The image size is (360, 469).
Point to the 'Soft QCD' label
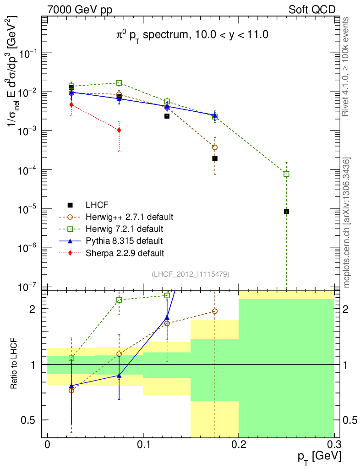[312, 10]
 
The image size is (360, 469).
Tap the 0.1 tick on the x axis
[143, 445]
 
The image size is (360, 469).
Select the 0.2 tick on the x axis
[239, 445]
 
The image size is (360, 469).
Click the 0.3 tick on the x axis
[334, 445]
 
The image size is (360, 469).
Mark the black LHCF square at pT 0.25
[286, 211]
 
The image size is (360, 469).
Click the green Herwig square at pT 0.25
[286, 174]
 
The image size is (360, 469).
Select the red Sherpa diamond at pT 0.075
[119, 130]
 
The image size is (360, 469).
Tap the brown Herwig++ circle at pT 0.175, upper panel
[215, 147]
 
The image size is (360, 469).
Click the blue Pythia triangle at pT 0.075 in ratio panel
[119, 376]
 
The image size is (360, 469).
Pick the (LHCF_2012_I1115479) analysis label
[190, 274]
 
